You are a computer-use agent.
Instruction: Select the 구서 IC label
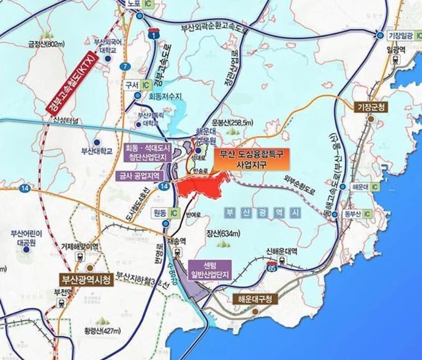coord(137,84)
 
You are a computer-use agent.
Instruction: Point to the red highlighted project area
coord(202,186)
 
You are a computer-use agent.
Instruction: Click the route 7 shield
coord(125,66)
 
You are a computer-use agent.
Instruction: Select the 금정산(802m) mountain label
coord(48,44)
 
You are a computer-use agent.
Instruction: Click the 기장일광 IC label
coord(401,35)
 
